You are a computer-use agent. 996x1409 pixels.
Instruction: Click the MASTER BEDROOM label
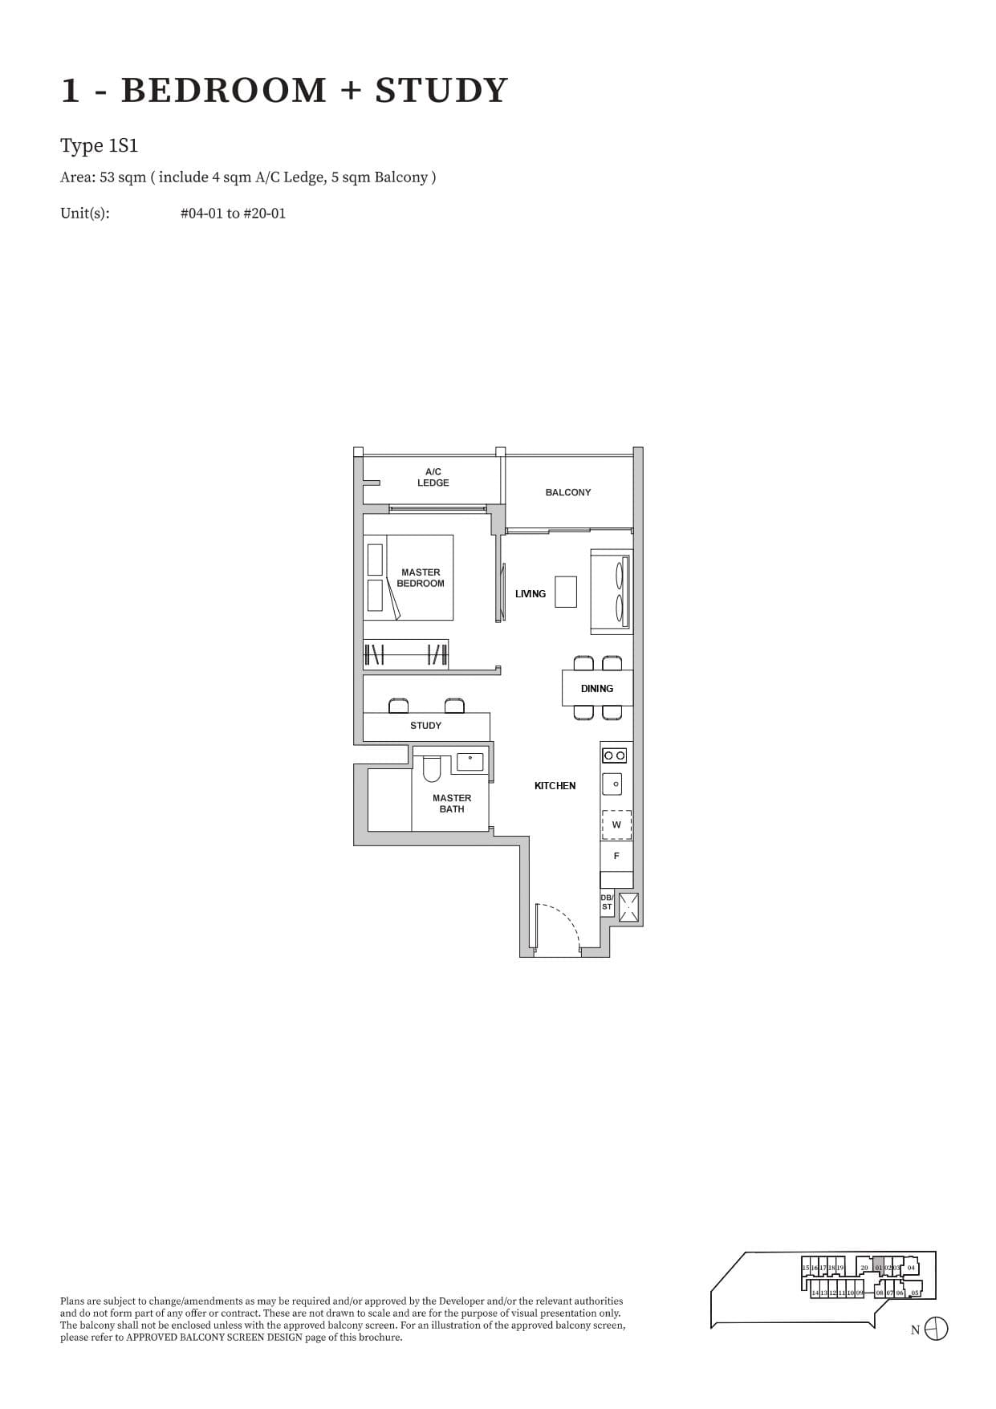tap(420, 578)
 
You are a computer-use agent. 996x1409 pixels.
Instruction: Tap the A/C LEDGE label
tap(433, 477)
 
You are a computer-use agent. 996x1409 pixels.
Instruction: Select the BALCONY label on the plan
tap(567, 492)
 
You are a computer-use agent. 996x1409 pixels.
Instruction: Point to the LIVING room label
tap(530, 594)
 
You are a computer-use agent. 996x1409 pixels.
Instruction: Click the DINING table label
tap(596, 689)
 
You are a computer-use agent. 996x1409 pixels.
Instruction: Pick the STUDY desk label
tap(425, 726)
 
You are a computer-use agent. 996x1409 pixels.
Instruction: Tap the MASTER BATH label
tap(451, 803)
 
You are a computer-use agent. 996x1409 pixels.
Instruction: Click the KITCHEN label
tap(555, 786)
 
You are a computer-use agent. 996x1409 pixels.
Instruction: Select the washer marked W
tap(616, 825)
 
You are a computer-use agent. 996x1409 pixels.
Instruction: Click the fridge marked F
tap(616, 856)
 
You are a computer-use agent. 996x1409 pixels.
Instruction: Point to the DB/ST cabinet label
tap(607, 902)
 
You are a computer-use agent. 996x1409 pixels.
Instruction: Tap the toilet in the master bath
tap(432, 769)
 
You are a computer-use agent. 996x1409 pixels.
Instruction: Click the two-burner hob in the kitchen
tap(615, 755)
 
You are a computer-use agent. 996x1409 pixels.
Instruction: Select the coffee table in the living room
tap(566, 592)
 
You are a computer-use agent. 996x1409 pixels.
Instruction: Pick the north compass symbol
tap(936, 1330)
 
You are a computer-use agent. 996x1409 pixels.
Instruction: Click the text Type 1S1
tap(99, 146)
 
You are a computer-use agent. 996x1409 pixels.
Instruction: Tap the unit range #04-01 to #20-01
tap(233, 214)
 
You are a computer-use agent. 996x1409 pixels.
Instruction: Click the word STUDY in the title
tap(441, 91)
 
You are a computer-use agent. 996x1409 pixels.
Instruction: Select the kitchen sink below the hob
tap(616, 784)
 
